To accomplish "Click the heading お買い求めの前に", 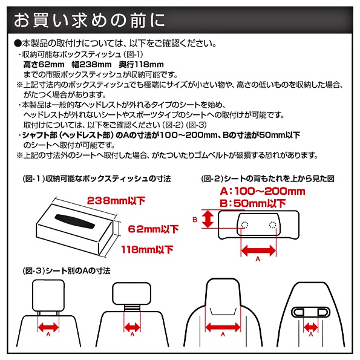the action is (x=90, y=20).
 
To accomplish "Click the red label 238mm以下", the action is (x=116, y=201).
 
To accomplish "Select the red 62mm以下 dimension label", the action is (x=153, y=229).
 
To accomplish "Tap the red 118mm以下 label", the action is (x=147, y=249).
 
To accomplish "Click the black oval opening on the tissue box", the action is (x=74, y=221).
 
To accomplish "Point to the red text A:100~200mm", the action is (x=263, y=191).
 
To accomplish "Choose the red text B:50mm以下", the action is (x=252, y=203).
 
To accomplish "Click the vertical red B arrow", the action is (x=208, y=219).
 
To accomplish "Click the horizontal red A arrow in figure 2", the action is (x=258, y=250).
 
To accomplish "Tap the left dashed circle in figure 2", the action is (x=245, y=224).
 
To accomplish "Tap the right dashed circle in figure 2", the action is (x=272, y=224).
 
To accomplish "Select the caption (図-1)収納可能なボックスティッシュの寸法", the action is (x=97, y=178).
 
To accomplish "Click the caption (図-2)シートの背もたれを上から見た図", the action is (x=267, y=178).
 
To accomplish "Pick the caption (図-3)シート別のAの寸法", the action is (x=67, y=271).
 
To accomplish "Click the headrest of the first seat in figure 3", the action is (x=48, y=295).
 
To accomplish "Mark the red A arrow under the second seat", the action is (x=132, y=327).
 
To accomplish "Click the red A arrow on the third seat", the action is (x=223, y=327).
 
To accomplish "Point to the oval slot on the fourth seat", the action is (x=310, y=312).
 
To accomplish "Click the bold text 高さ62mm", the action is (x=44, y=65).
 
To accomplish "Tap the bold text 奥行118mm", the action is (x=141, y=65).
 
